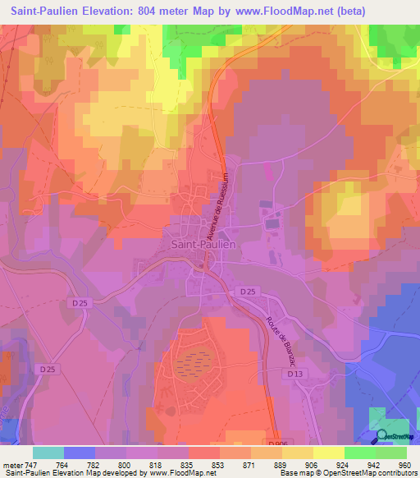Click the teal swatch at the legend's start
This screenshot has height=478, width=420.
48,453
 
